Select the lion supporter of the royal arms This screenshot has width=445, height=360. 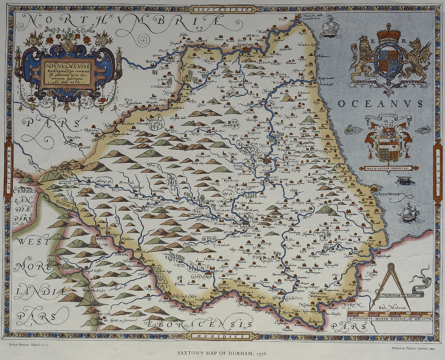(362, 59)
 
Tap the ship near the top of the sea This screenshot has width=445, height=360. (330, 27)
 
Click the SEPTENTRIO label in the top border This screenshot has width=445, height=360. (222, 8)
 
